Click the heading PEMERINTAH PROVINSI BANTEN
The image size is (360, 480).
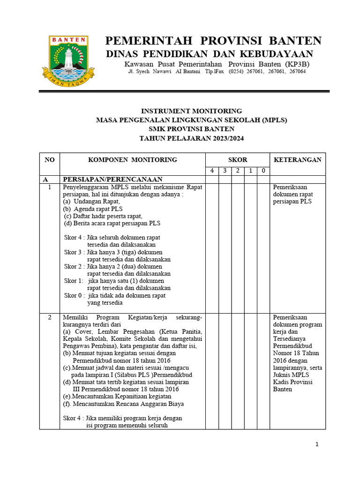coord(213,41)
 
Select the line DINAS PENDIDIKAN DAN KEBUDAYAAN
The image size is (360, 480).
coord(209,53)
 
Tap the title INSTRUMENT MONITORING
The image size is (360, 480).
coord(192,111)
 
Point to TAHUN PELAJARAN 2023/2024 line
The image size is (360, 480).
coord(192,138)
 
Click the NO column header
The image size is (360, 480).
coord(50,160)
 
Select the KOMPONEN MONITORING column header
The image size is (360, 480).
coord(133,160)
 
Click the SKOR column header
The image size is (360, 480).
coord(238,160)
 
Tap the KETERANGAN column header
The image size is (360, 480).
coord(298,160)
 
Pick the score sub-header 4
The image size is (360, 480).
coord(212,171)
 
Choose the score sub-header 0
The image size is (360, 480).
coord(263,171)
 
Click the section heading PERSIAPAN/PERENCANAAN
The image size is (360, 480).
coord(113,180)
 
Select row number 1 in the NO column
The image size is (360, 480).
coord(49,187)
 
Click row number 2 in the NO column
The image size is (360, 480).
coord(49,318)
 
